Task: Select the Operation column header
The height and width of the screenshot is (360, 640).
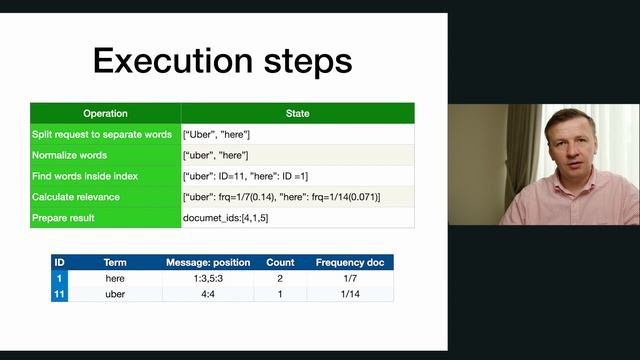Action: [x=105, y=114]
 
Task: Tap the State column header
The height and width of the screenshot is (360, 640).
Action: [x=297, y=114]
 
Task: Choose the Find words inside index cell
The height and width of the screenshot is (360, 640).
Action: [x=85, y=176]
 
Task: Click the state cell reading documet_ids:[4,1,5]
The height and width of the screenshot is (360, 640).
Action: [x=225, y=217]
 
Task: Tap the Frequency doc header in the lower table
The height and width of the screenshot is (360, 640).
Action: [x=349, y=263]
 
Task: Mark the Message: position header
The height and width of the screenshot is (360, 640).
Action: [x=207, y=263]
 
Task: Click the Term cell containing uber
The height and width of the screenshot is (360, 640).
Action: [x=114, y=294]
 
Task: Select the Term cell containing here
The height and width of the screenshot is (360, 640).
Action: [x=114, y=278]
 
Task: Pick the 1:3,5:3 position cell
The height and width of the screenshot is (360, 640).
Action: [x=207, y=278]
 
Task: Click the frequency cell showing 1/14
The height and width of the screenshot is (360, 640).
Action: [x=349, y=294]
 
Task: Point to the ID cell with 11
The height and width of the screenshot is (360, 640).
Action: [x=59, y=294]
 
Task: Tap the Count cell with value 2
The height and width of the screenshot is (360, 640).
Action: [x=279, y=278]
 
